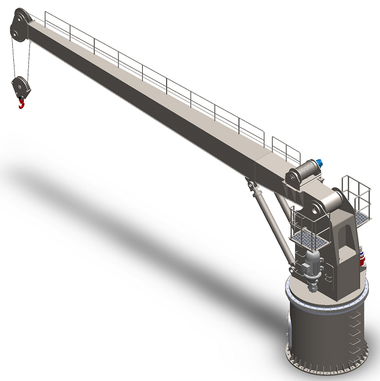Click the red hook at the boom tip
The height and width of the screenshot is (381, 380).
click(22, 103)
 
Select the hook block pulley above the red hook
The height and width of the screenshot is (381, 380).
click(19, 87)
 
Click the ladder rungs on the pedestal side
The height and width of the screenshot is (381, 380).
click(354, 333)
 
